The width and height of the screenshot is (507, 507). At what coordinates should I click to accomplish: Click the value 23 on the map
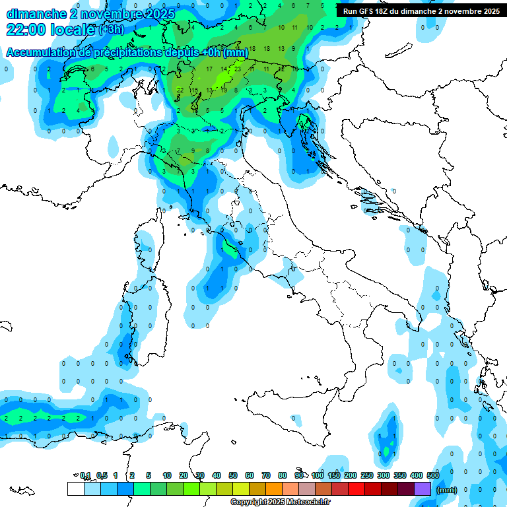(x=238, y=69)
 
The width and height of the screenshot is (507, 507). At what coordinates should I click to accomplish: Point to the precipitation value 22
(x=180, y=90)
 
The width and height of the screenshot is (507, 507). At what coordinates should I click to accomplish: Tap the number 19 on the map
(x=224, y=90)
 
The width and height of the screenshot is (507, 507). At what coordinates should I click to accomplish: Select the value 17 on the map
(x=209, y=69)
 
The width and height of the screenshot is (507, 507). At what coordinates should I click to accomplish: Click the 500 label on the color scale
(x=433, y=475)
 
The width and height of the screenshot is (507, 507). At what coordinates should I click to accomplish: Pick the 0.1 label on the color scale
(x=85, y=475)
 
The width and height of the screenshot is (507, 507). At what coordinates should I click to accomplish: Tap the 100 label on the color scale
(x=318, y=475)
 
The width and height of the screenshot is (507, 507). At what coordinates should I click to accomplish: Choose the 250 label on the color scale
(x=367, y=475)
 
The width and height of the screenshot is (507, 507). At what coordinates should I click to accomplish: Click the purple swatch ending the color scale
(x=422, y=489)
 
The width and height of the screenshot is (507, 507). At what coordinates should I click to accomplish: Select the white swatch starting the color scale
(x=75, y=489)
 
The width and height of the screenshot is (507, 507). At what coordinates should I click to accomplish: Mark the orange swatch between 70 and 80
(x=274, y=489)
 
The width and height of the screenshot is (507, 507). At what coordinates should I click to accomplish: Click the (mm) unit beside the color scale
(x=447, y=490)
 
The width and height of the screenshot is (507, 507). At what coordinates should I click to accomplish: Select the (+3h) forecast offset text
(x=111, y=30)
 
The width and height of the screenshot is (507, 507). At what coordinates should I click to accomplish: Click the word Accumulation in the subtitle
(x=40, y=53)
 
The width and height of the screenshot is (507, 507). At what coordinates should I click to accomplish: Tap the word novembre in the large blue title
(x=105, y=14)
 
